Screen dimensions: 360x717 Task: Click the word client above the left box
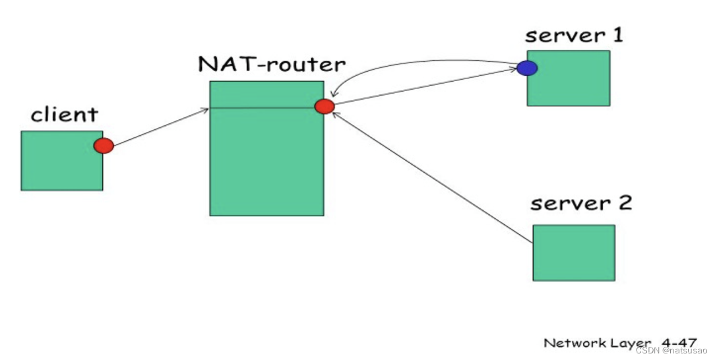(x=64, y=115)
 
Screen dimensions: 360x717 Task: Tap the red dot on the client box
(x=104, y=146)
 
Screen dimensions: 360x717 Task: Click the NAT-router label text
(x=271, y=65)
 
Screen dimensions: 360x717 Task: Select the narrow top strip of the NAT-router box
(x=264, y=94)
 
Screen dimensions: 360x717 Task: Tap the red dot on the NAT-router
(x=325, y=106)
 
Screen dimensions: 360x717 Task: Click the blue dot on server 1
(x=526, y=68)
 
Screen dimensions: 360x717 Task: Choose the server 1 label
(x=574, y=36)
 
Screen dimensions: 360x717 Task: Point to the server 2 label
(x=580, y=202)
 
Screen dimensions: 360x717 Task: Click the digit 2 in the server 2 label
(x=623, y=202)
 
